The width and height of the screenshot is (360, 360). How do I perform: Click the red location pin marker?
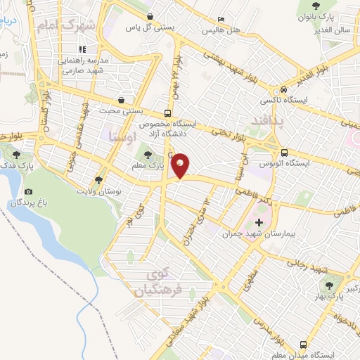(181, 166)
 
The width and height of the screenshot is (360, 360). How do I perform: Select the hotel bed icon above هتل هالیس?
(221, 20)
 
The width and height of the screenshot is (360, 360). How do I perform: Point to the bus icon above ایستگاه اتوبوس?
(284, 152)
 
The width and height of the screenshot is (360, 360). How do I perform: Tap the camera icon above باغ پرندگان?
(28, 191)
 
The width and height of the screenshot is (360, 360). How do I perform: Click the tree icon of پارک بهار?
(328, 284)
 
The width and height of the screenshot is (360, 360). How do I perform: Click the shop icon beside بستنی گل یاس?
(150, 15)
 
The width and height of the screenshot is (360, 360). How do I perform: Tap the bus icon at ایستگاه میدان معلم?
(303, 345)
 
